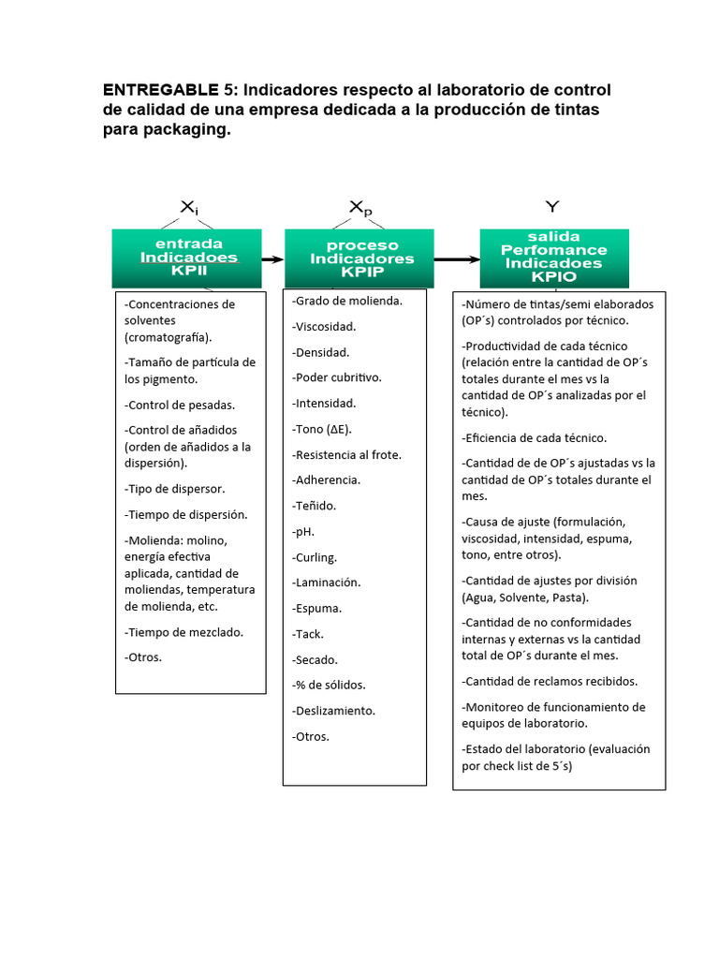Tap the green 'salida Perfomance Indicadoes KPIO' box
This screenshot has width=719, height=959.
[554, 258]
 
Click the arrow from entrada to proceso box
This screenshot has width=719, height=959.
[273, 258]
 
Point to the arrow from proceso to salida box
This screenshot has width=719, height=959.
[454, 258]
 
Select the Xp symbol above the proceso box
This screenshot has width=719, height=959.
[360, 208]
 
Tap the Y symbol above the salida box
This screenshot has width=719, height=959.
[552, 206]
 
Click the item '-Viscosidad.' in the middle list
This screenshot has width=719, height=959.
[324, 327]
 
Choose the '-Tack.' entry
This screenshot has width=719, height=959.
[308, 634]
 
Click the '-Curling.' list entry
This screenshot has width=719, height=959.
[315, 557]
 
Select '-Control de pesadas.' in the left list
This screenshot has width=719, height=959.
[180, 406]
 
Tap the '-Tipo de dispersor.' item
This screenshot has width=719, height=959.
[174, 489]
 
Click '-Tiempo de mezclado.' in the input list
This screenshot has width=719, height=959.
[183, 632]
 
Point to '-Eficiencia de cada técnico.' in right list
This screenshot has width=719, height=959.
[534, 437]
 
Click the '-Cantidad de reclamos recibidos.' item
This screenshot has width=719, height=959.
[550, 682]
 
